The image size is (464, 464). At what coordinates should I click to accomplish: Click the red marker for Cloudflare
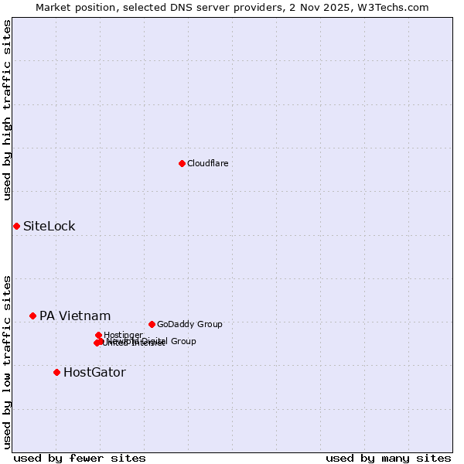tap(182, 163)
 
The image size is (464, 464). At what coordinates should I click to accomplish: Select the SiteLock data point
tap(16, 226)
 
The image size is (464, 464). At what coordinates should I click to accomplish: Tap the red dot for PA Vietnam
tap(32, 316)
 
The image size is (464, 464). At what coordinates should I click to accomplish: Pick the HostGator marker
tap(56, 372)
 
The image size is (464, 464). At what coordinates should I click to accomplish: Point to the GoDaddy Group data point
tap(152, 324)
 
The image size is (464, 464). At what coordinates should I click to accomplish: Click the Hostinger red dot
tap(98, 335)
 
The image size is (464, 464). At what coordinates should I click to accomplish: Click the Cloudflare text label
tap(207, 163)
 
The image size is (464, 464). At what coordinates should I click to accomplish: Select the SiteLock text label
tap(49, 227)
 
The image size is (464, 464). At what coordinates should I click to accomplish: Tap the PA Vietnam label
tap(75, 316)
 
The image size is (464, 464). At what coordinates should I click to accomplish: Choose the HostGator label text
tap(94, 372)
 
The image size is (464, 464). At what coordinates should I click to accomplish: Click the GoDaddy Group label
tap(189, 324)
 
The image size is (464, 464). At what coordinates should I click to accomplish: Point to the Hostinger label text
tap(123, 335)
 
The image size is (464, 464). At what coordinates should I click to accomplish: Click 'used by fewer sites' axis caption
tap(80, 458)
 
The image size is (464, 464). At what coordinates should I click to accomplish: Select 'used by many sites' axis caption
tap(388, 458)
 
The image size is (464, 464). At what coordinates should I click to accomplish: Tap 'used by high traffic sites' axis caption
tap(8, 110)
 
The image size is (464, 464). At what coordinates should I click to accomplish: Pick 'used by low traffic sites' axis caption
tap(8, 361)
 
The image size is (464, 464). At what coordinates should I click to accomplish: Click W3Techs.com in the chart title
tap(396, 7)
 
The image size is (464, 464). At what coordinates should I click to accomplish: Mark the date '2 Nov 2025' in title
tap(333, 7)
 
